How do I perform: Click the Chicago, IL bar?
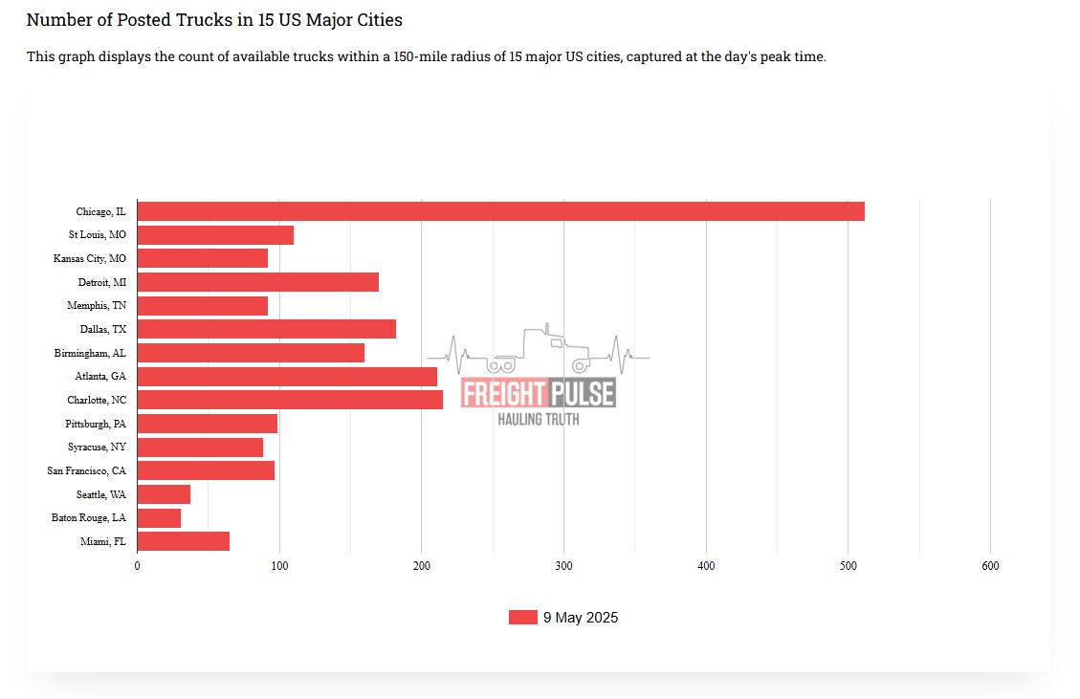point(501,211)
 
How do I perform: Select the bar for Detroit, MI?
point(258,282)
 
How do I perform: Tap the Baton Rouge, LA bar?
point(159,518)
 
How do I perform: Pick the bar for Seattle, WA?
point(164,494)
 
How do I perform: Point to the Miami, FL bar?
point(184,541)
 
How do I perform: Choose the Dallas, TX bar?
point(267,329)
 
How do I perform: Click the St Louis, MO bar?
point(215,235)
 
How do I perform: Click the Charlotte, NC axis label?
point(97,400)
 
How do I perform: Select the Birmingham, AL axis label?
point(90,353)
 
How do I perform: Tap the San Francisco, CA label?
point(87,470)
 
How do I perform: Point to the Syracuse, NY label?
point(97,447)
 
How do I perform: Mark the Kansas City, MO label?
point(90,258)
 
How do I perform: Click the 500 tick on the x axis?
point(848,566)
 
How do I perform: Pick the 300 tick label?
point(563,566)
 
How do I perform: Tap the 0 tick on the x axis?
point(137,566)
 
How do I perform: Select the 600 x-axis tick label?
point(990,566)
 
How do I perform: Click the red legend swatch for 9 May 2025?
point(522,618)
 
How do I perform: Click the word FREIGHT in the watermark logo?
point(503,393)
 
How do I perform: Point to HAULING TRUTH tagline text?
point(538,419)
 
